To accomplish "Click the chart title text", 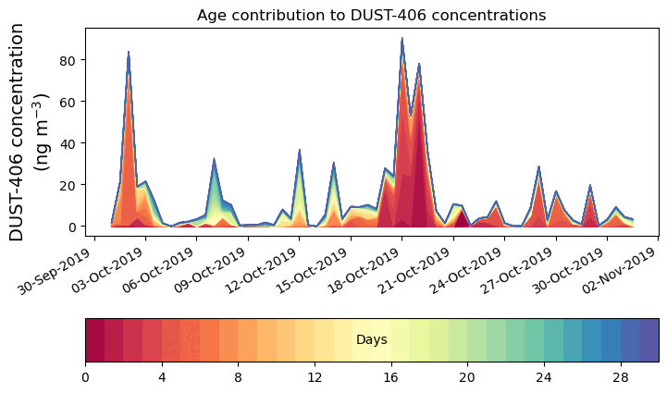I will pos(371,15).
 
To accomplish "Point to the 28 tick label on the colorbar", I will pos(620,377).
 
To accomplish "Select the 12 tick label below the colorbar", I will pos(315,377).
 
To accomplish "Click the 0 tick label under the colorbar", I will pos(85,377).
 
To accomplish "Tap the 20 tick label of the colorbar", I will pos(467,377).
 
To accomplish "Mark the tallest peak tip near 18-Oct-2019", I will pos(401,39).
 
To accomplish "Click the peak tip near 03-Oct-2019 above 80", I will pos(129,52).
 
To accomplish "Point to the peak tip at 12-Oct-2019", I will pos(299,150).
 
